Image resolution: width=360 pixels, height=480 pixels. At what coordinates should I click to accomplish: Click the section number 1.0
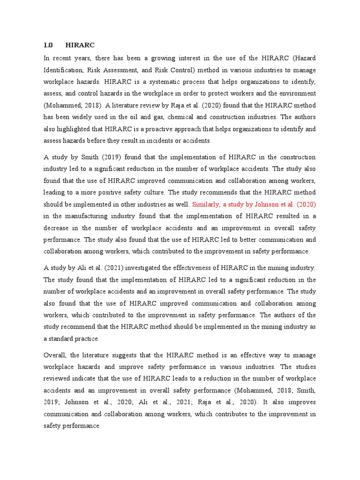(48, 45)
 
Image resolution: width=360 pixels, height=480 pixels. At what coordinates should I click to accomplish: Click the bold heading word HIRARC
(80, 45)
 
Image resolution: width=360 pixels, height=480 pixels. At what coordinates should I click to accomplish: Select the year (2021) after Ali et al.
(114, 268)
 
